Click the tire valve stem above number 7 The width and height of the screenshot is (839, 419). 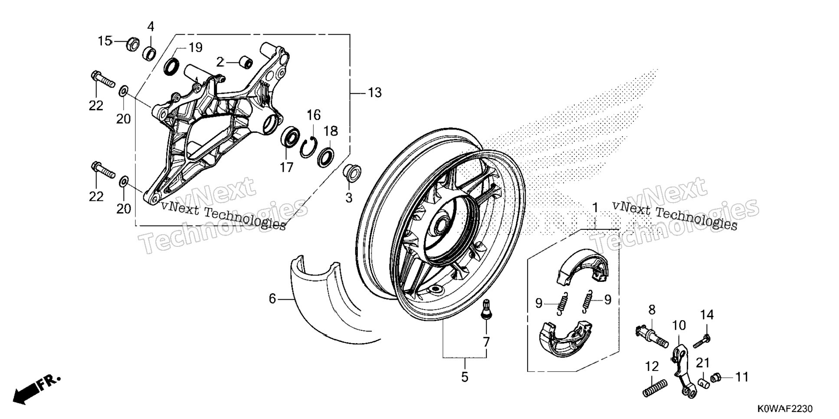click(487, 310)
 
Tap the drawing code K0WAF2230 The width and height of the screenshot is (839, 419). click(785, 409)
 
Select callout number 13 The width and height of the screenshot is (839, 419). click(375, 92)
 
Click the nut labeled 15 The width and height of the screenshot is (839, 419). click(132, 44)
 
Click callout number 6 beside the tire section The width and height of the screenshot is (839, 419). click(272, 299)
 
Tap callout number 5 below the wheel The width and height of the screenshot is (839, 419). click(465, 377)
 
